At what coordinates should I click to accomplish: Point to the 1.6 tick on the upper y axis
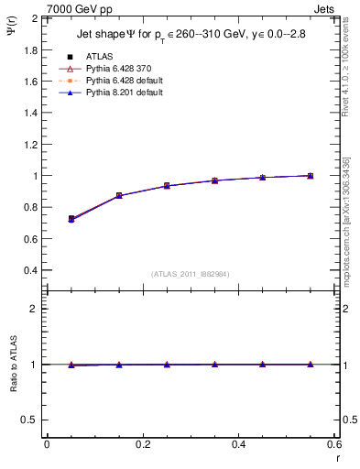pos(30,82)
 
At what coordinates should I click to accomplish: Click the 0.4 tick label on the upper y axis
pos(30,270)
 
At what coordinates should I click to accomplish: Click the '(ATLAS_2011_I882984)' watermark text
pos(190,275)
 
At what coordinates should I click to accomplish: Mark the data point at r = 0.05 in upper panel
pos(71,219)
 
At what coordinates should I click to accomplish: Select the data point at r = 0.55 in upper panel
pos(311,175)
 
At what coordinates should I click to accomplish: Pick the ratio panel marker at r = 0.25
pos(167,364)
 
